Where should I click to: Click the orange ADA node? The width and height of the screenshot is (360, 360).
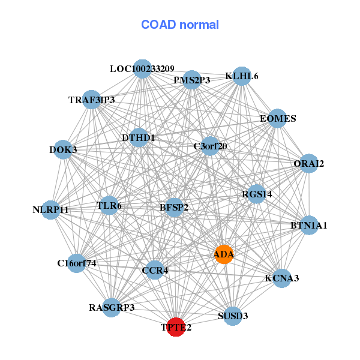coord(224,254)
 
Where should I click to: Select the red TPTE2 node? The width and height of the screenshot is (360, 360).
coord(175,327)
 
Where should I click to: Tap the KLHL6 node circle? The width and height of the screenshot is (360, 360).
coord(241,76)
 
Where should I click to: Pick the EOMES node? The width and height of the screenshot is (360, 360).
coord(278,118)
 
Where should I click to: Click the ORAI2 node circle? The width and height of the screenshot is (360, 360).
coord(308,163)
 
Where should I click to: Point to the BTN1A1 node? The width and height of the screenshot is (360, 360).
coord(309,226)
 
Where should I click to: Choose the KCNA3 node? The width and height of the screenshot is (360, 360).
coord(282,278)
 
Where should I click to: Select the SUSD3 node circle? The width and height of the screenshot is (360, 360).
coord(233,316)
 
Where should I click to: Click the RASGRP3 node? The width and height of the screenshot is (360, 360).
coord(112,308)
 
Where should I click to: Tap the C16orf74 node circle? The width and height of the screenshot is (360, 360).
coord(77,263)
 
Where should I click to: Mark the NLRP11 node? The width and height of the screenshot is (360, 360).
coord(51,210)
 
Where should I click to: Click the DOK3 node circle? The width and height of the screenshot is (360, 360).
coord(63,149)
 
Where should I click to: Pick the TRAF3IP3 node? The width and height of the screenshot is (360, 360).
coord(92,100)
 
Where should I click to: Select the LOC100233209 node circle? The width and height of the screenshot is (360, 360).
coord(142,69)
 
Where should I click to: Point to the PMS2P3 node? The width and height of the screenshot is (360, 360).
coord(191,80)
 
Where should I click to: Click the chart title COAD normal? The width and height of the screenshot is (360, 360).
coord(180,25)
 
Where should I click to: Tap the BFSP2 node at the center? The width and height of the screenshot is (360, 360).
coord(174,208)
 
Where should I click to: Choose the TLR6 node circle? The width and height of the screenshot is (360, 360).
coord(109,206)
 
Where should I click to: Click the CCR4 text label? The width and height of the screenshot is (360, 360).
coord(155,271)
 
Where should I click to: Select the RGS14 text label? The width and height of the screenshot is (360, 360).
coord(257,194)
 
